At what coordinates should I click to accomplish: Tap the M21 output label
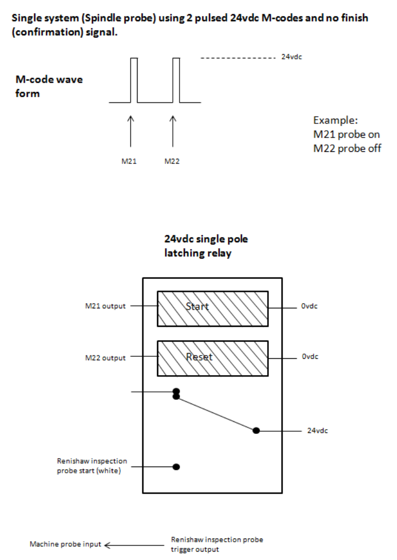coord(106,306)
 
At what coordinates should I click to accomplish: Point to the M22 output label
coord(106,358)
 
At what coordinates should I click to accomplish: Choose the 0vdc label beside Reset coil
coord(310,356)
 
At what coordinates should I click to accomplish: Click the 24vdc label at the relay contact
coord(318,430)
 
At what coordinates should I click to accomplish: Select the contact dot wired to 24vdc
coord(256,430)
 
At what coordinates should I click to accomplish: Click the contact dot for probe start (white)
coord(176,466)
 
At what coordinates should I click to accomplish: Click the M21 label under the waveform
coord(129,161)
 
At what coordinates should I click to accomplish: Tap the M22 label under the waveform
coord(172,161)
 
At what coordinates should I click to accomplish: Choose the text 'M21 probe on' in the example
coord(347,134)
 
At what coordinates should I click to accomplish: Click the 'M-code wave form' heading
coord(49,87)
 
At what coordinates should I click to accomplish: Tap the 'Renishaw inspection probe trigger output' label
coord(217,544)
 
